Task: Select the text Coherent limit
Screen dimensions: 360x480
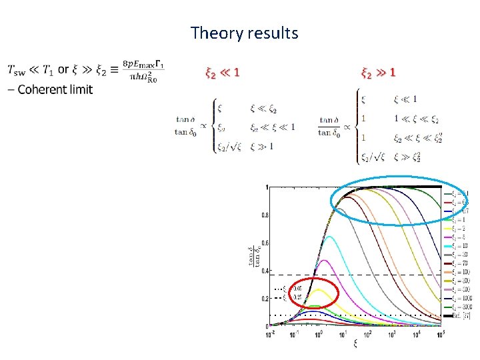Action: [55, 89]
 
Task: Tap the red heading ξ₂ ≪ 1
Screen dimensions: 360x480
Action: [222, 72]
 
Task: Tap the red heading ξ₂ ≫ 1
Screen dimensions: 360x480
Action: [377, 71]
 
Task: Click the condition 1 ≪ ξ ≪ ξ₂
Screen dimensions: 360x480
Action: [415, 119]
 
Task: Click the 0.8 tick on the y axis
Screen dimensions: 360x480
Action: [265, 215]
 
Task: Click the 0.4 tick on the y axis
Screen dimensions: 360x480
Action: [265, 270]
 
